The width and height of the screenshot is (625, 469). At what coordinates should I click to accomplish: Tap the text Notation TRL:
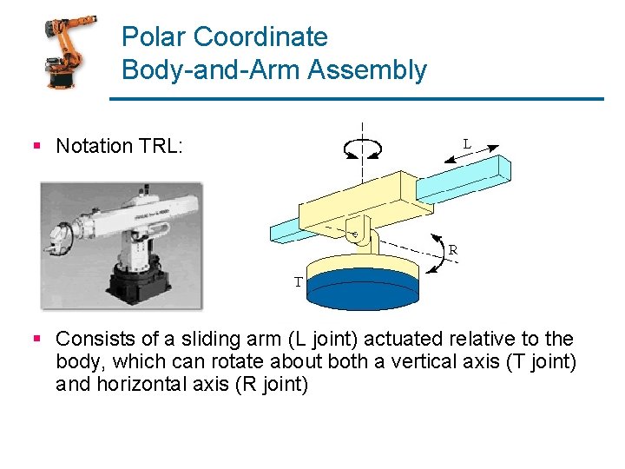[119, 146]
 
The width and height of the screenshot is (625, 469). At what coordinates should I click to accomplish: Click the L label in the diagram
[467, 142]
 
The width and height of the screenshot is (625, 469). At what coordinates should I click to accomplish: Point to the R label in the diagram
[453, 249]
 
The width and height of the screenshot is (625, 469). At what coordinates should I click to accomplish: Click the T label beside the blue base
[298, 281]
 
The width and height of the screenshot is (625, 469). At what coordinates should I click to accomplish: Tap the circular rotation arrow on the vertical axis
[363, 149]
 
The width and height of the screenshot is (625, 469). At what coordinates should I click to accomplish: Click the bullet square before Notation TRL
[36, 146]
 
